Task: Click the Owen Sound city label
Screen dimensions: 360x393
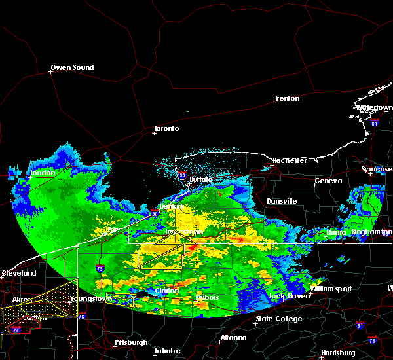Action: tap(73, 67)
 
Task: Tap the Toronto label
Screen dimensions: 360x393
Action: tap(166, 128)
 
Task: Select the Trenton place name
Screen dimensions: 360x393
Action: tap(287, 98)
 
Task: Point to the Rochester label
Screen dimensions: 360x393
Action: tap(290, 160)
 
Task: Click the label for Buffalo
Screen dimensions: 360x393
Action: tap(201, 179)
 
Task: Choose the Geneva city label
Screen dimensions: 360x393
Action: tap(328, 181)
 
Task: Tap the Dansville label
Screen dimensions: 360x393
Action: tap(282, 201)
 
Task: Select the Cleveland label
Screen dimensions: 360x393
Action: tap(18, 272)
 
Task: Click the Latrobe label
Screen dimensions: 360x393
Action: tap(167, 351)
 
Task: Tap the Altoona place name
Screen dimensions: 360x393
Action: tap(233, 338)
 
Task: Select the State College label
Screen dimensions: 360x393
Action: tap(279, 319)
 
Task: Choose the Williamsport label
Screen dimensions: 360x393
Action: tap(331, 289)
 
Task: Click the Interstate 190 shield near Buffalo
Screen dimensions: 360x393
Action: tap(181, 175)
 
